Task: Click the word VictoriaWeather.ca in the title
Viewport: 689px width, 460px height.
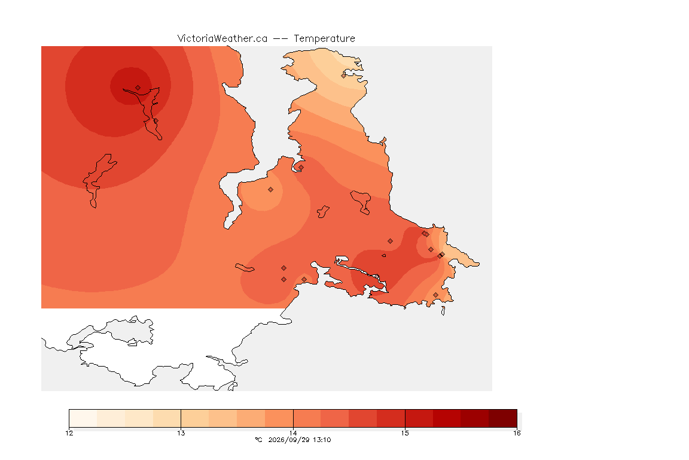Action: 222,39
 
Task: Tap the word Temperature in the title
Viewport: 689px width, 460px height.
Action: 324,39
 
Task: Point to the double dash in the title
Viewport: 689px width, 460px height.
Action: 281,39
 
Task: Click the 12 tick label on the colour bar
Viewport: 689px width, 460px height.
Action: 69,433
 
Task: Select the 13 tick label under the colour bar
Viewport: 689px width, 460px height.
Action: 181,433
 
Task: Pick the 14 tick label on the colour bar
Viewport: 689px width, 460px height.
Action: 293,433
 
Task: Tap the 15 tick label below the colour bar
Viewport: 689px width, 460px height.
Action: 405,433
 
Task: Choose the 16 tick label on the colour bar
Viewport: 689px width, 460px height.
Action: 517,433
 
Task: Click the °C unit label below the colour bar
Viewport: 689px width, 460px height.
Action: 259,440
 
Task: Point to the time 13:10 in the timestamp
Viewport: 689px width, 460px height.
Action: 322,440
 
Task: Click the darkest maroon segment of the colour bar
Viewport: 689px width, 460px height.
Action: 502,418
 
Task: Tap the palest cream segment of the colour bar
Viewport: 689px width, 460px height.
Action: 83,418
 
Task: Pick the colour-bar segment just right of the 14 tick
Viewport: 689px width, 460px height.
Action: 307,418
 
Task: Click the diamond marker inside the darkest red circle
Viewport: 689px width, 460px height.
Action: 138,88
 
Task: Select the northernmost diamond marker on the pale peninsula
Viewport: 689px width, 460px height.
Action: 344,75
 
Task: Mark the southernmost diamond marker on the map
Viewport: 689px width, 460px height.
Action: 435,295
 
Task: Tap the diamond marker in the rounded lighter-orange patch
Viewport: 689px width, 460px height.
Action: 271,190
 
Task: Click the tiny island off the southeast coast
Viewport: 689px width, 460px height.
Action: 443,311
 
